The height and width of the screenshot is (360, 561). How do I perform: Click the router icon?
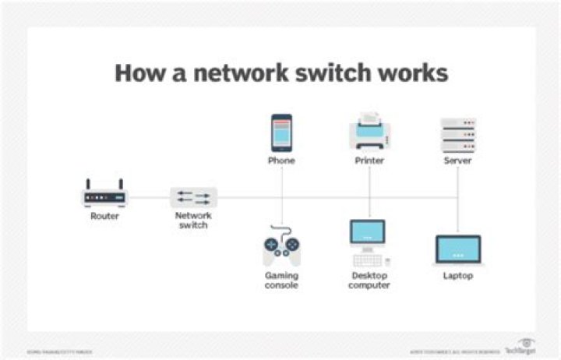point(104,194)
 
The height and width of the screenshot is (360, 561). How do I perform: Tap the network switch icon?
point(193,197)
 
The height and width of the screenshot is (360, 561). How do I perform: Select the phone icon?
point(281,133)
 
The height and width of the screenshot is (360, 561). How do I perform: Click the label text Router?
point(104,216)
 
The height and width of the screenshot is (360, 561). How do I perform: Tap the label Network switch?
point(193,221)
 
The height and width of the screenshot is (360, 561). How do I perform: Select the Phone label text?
point(281,161)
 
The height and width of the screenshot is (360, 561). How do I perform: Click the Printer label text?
point(369,161)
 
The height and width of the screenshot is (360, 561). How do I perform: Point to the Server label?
point(457,161)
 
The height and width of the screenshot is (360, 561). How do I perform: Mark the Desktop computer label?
point(369,281)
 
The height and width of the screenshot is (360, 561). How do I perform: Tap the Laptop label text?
point(457,276)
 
